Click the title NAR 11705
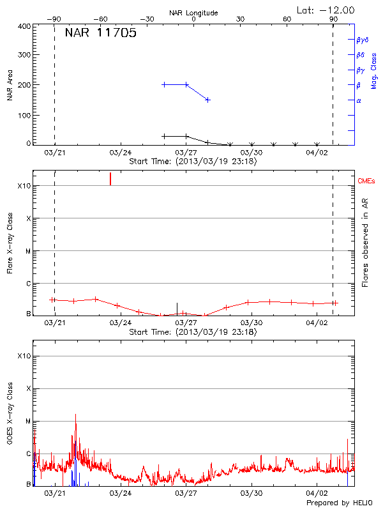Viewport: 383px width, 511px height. pos(100,33)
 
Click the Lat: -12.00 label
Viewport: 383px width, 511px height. pos(326,10)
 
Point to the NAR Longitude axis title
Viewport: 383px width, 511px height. pos(193,13)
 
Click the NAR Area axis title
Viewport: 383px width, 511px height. pos(10,85)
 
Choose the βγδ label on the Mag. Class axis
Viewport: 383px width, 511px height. pos(362,40)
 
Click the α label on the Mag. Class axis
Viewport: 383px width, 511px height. pos(359,100)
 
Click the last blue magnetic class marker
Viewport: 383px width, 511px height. pos(207,100)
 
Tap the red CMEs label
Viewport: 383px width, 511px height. pos(366,181)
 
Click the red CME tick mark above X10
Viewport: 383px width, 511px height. pos(110,178)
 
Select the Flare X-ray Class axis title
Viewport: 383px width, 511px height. pos(10,243)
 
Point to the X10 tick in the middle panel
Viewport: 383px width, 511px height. pos(24,186)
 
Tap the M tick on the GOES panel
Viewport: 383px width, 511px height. pos(28,422)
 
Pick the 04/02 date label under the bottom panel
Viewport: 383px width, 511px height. pos(317,494)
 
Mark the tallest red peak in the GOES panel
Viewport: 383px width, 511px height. pos(75,415)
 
